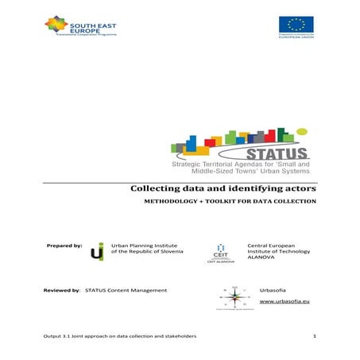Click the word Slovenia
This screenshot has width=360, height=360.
pyautogui.click(x=170, y=254)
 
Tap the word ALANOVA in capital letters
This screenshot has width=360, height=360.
pyautogui.click(x=265, y=262)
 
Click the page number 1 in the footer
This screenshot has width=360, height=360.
pyautogui.click(x=315, y=338)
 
